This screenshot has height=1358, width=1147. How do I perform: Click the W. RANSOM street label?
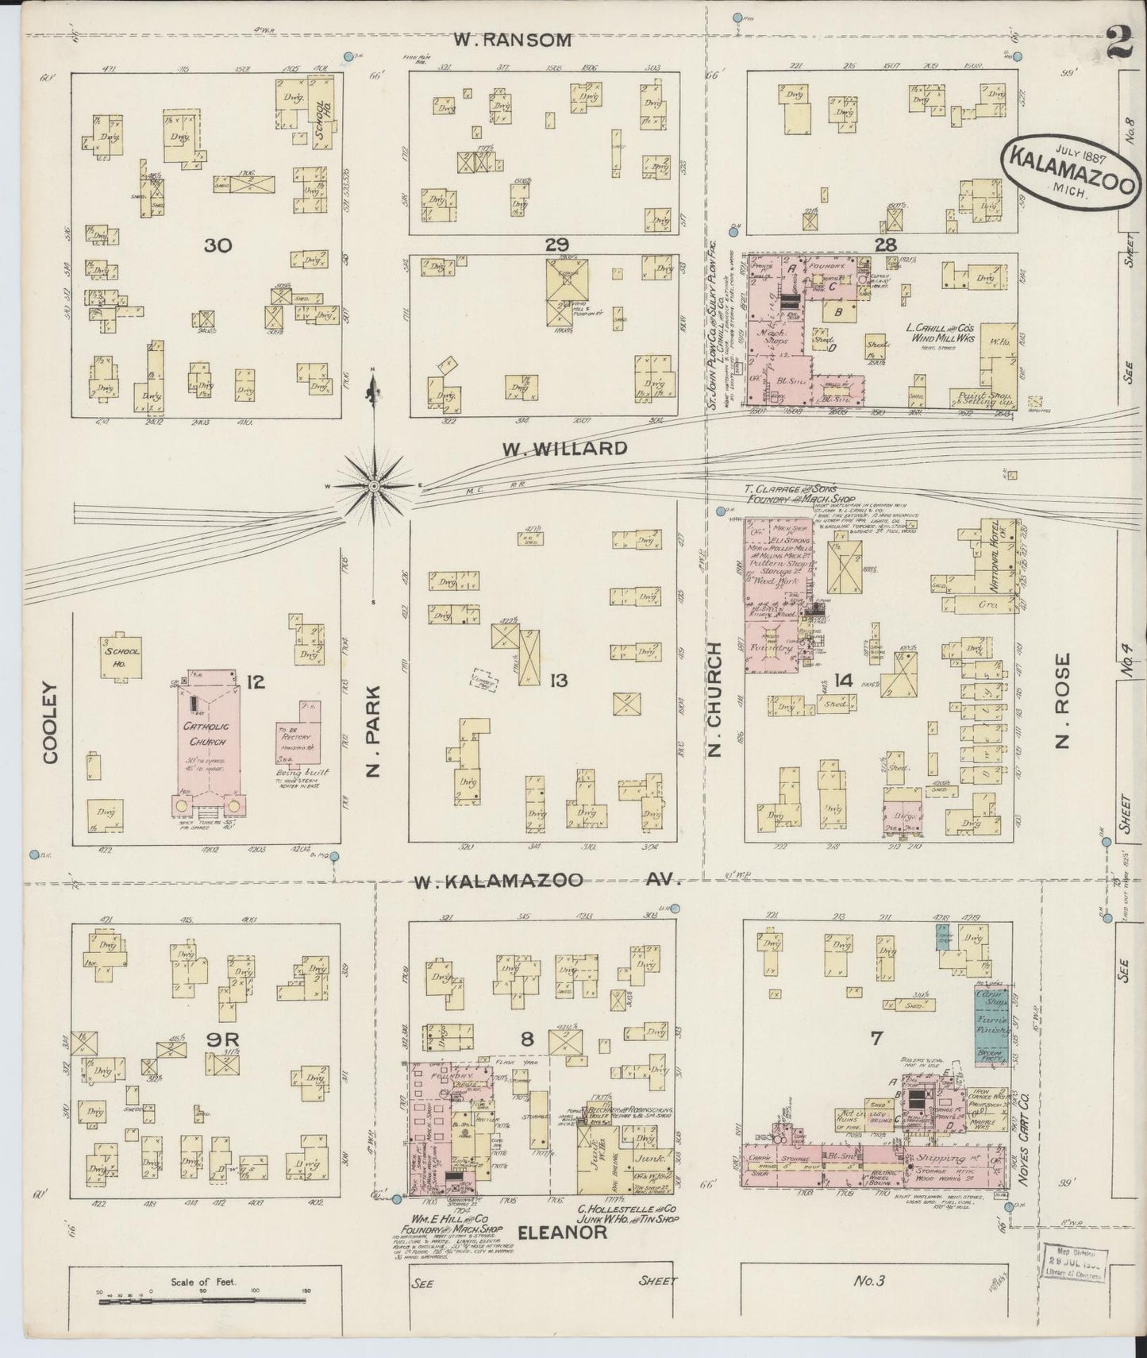(514, 40)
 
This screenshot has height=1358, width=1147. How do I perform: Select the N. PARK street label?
(374, 731)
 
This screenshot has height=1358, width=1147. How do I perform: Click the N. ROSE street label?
(1064, 701)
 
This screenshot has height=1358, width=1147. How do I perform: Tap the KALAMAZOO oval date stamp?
(1071, 169)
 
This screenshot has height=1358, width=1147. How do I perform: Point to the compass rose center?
(373, 484)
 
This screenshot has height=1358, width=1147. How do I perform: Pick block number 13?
(558, 681)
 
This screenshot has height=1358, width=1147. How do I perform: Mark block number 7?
(876, 1038)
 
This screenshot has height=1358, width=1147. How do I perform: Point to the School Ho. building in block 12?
(120, 656)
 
